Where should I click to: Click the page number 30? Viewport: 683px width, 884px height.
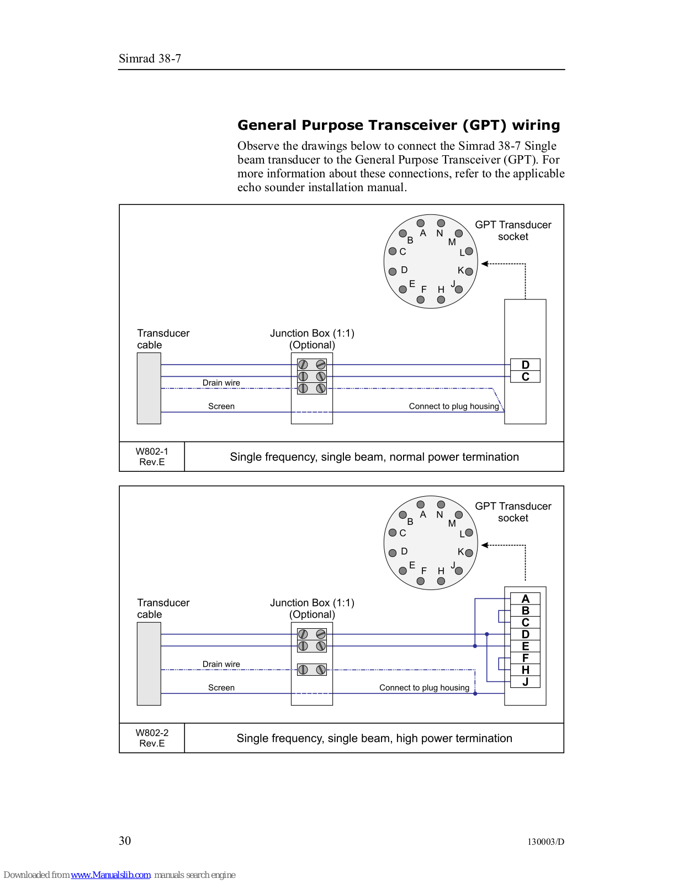125,841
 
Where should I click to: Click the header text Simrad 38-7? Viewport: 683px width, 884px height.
150,59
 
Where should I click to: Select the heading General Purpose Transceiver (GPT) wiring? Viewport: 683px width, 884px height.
399,125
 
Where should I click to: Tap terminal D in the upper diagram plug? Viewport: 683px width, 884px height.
525,365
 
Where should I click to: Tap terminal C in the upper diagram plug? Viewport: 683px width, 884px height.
525,377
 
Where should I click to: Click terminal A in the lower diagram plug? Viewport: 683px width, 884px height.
525,599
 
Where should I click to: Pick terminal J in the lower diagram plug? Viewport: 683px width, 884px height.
525,682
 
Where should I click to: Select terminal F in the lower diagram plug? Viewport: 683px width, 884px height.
525,658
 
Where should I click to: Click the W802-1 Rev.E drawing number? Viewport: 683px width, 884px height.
152,457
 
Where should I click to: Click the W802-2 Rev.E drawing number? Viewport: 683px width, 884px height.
152,738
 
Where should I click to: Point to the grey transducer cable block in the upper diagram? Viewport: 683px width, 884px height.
149,388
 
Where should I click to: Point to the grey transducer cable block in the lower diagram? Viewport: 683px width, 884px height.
149,664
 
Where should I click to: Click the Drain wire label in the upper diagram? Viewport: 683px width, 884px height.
221,383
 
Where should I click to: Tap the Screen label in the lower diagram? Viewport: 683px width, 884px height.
221,688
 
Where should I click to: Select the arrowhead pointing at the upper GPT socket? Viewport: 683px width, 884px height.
484,264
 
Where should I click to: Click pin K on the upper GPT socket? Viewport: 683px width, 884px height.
469,271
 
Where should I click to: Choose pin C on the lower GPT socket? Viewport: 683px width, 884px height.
393,533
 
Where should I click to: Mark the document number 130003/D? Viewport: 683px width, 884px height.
546,842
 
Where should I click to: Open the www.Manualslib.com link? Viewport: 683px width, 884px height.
110,875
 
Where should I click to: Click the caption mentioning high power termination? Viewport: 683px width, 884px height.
374,738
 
